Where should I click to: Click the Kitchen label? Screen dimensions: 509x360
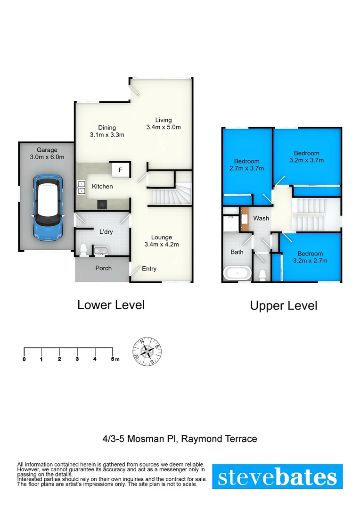click(x=102, y=187)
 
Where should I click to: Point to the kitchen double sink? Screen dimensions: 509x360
click(x=81, y=187)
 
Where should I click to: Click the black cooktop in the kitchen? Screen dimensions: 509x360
click(x=102, y=204)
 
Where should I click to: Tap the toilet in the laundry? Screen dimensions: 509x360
click(x=83, y=250)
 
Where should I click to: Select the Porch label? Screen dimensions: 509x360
click(x=104, y=268)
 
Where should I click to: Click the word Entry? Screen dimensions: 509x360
click(x=149, y=269)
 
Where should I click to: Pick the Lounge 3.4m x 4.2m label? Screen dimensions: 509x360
click(x=162, y=241)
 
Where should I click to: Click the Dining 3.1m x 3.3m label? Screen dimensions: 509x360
click(x=107, y=131)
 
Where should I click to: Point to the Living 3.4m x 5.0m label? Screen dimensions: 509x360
click(x=164, y=123)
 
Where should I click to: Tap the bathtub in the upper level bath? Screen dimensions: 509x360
click(x=237, y=273)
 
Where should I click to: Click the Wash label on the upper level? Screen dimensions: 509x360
click(x=261, y=218)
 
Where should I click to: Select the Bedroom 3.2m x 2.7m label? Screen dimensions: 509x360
click(x=310, y=257)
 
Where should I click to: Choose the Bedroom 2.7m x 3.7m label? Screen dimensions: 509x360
click(x=246, y=164)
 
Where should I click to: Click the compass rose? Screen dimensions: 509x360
click(x=148, y=351)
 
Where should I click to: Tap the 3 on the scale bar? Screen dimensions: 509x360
click(x=77, y=360)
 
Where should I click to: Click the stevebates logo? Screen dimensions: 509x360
click(x=277, y=476)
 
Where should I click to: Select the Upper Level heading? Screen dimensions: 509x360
click(x=283, y=306)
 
